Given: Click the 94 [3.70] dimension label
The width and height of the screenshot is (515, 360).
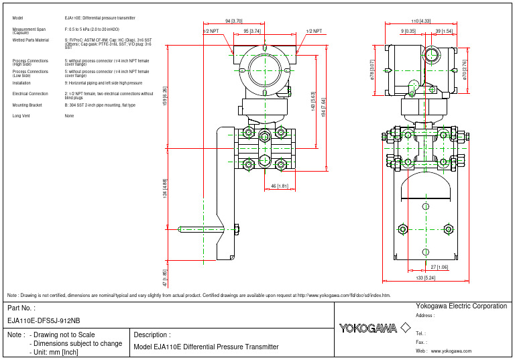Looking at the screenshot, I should tap(233, 21).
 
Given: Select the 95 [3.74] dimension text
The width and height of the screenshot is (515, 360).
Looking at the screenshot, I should tap(252, 31).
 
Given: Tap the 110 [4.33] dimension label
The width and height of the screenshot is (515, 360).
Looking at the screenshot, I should tap(420, 21).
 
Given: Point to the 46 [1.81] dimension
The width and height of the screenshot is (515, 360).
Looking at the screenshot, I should tap(280, 186).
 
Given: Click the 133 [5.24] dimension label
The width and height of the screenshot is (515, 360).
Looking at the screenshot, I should tap(425, 278).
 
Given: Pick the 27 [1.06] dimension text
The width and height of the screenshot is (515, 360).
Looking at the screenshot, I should tap(439, 267).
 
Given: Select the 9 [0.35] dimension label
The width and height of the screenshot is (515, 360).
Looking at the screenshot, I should tap(408, 31).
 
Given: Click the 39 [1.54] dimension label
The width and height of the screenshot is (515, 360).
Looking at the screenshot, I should tap(443, 31).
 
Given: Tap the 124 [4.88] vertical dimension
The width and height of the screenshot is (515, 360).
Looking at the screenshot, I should tap(165, 189).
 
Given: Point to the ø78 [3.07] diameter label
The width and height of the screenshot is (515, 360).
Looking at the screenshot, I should tap(372, 69).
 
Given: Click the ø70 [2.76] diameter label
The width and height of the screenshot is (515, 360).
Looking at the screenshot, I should tap(465, 69).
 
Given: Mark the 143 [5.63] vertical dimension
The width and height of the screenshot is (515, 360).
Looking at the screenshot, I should tap(312, 102).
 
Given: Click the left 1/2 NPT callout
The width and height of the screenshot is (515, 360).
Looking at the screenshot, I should tap(211, 31).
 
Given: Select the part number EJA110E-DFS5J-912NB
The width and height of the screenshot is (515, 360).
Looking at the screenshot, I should tap(44, 320).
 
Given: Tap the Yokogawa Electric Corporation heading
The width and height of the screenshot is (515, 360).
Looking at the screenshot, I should tap(461, 306).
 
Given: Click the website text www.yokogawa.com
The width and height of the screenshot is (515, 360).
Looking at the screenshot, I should tap(451, 351).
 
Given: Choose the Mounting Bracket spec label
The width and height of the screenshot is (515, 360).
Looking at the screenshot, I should tap(27, 105).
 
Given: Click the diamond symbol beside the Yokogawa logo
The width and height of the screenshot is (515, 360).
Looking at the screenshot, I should tap(405, 328).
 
